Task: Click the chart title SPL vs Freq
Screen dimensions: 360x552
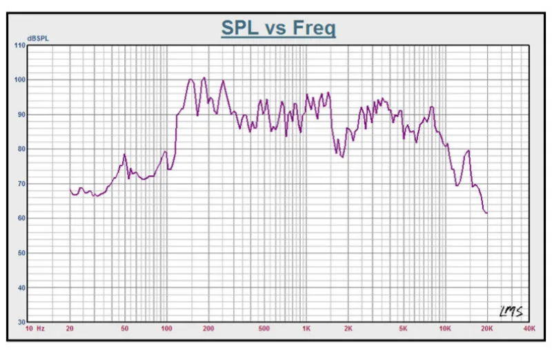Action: pyautogui.click(x=278, y=28)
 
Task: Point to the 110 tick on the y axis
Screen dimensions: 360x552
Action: pyautogui.click(x=19, y=46)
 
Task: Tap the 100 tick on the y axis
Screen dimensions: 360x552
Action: pyautogui.click(x=19, y=80)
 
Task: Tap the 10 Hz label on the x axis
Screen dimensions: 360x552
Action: pyautogui.click(x=35, y=329)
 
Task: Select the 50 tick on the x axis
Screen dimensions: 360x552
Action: pyautogui.click(x=125, y=329)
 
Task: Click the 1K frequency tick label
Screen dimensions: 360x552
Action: pyautogui.click(x=306, y=329)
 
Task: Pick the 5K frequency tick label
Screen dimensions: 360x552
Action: pyautogui.click(x=404, y=329)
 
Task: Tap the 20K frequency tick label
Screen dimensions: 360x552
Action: pyautogui.click(x=487, y=329)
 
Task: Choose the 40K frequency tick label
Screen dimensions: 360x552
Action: pyautogui.click(x=529, y=329)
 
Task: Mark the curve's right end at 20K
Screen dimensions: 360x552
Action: pyautogui.click(x=487, y=213)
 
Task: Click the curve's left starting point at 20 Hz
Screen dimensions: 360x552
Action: pyautogui.click(x=70, y=189)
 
